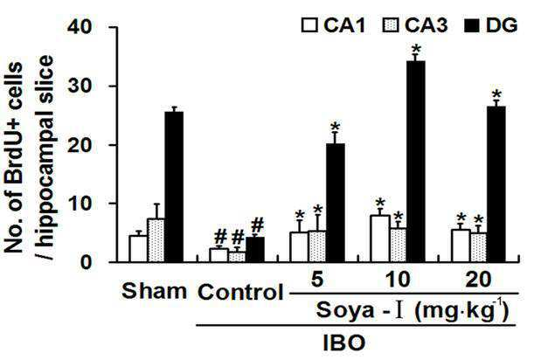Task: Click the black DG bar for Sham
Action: tap(174, 187)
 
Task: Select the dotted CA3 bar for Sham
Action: tap(156, 240)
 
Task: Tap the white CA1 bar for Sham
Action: tap(138, 249)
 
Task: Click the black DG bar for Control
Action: tap(255, 250)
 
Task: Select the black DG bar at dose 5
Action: tap(336, 203)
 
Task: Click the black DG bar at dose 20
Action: tap(496, 183)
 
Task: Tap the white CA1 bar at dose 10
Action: tap(380, 239)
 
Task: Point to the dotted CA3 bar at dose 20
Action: tap(478, 247)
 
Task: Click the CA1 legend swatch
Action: tap(309, 25)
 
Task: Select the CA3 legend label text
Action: tap(426, 25)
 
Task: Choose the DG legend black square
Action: tap(472, 25)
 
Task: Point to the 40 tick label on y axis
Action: tap(80, 26)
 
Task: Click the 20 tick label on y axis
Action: tap(80, 145)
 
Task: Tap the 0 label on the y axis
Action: tap(87, 262)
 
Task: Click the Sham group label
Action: tap(154, 291)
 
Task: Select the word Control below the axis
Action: tap(240, 292)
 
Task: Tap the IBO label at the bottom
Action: tap(343, 343)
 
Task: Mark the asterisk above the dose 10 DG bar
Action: tap(416, 50)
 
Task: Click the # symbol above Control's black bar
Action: tap(257, 225)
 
